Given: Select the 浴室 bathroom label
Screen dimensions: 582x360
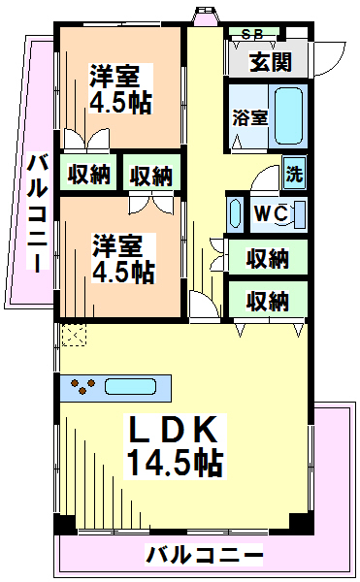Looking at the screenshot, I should pyautogui.click(x=249, y=118).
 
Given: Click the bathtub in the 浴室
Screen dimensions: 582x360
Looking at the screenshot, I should pyautogui.click(x=289, y=114).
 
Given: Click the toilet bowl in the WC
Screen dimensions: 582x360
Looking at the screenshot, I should pyautogui.click(x=296, y=212).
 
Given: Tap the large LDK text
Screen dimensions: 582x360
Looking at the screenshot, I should pyautogui.click(x=174, y=431).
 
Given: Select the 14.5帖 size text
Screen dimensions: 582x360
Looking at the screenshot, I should pyautogui.click(x=174, y=463).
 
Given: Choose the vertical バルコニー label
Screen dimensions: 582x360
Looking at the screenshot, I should pyautogui.click(x=36, y=213).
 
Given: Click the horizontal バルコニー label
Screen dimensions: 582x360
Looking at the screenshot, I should pyautogui.click(x=205, y=556).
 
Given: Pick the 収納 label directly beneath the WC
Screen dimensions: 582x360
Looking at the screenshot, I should pyautogui.click(x=267, y=258).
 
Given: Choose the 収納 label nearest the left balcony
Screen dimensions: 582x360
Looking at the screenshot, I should pyautogui.click(x=88, y=176).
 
